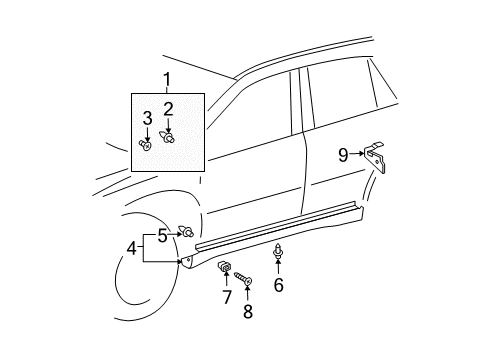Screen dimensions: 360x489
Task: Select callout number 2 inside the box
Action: (x=168, y=109)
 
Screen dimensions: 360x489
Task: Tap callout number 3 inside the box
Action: (x=147, y=119)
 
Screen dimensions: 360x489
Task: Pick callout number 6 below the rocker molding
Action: (x=278, y=286)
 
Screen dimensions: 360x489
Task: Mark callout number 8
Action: (x=248, y=312)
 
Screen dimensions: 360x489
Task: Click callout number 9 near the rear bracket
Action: (x=343, y=155)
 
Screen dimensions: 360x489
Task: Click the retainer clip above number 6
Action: (x=277, y=249)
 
